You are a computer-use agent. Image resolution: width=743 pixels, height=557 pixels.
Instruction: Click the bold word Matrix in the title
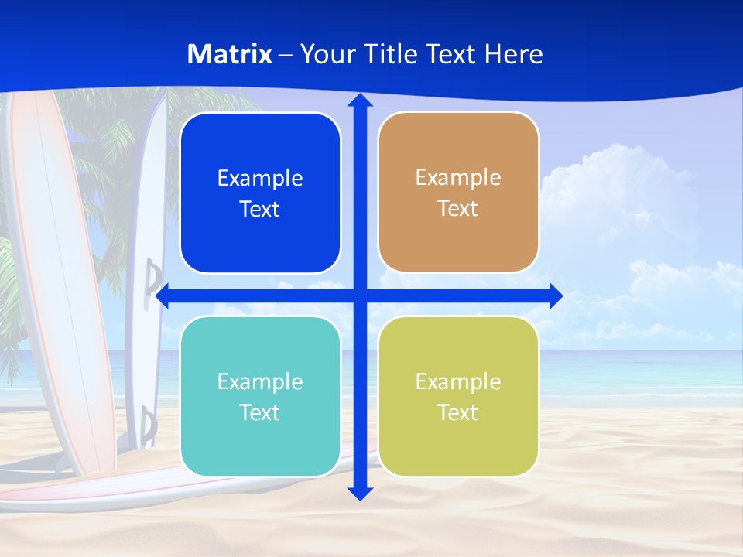[x=230, y=54]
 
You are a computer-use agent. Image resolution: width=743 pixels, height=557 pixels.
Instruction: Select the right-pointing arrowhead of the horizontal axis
[x=556, y=296]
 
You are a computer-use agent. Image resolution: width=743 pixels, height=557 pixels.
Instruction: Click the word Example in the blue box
[x=260, y=179]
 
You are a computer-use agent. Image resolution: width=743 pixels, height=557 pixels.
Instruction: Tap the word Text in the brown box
[x=458, y=209]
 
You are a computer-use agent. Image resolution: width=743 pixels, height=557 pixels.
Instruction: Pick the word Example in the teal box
[x=260, y=382]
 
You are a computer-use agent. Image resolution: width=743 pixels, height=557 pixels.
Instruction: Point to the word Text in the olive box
[x=458, y=412]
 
